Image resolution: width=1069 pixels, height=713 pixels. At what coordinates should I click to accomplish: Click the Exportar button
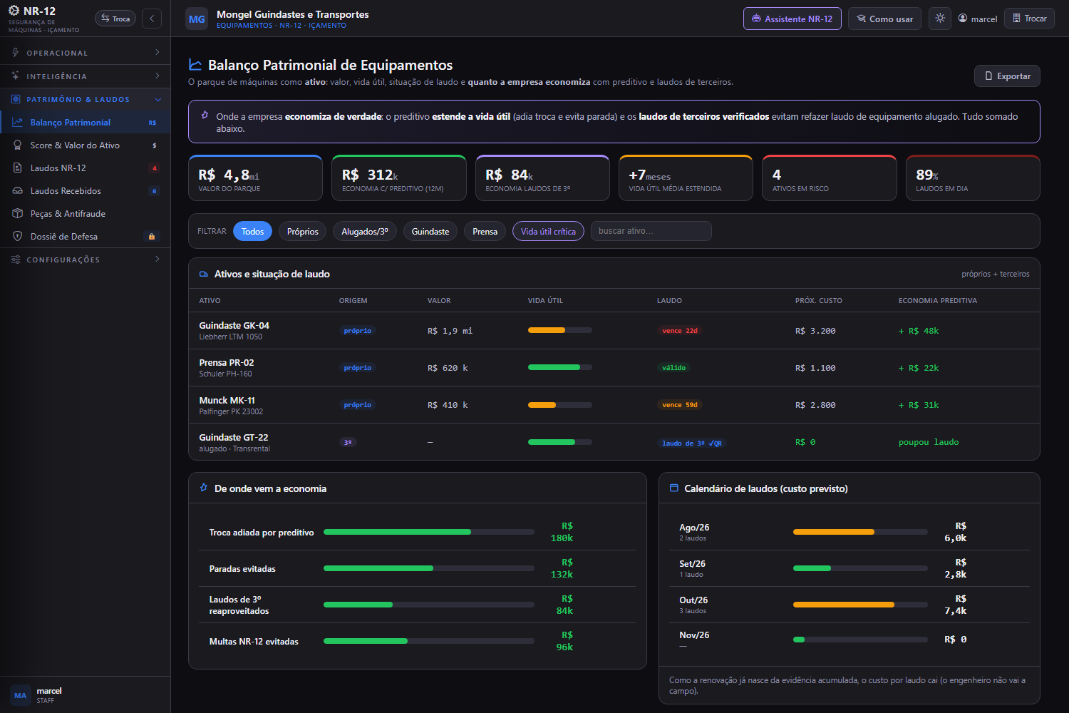click(1007, 76)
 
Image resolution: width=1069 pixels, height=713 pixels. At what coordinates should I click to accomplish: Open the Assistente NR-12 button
click(792, 19)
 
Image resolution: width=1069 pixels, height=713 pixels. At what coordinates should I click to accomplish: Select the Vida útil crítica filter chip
click(548, 231)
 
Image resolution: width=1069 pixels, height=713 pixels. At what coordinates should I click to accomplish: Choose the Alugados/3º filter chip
click(365, 231)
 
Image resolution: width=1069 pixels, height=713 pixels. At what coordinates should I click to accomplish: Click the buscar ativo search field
click(651, 231)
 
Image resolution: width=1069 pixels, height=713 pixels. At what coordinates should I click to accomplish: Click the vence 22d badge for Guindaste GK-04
click(680, 330)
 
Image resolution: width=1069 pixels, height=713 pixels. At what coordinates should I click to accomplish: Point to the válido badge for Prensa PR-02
click(673, 368)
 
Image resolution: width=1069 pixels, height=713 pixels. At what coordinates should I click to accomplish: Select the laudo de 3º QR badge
click(691, 443)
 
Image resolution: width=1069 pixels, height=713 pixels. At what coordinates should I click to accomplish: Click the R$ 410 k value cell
click(448, 405)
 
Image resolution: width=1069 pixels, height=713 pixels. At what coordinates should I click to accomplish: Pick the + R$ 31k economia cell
click(919, 405)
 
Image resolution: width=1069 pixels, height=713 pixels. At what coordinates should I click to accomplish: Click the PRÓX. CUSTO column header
click(818, 300)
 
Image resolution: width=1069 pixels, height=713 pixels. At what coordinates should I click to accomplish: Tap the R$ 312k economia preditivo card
click(398, 178)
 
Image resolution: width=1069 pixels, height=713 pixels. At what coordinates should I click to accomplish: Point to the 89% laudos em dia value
click(926, 175)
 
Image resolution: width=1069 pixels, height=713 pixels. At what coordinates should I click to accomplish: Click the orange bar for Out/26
click(843, 605)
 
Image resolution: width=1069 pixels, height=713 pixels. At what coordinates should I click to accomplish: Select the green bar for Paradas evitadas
click(378, 568)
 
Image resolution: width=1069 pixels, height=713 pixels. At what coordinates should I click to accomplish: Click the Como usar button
click(884, 19)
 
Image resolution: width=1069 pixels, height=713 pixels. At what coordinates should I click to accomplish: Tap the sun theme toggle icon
click(940, 18)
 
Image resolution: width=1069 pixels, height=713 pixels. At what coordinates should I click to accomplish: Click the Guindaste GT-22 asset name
click(233, 437)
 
